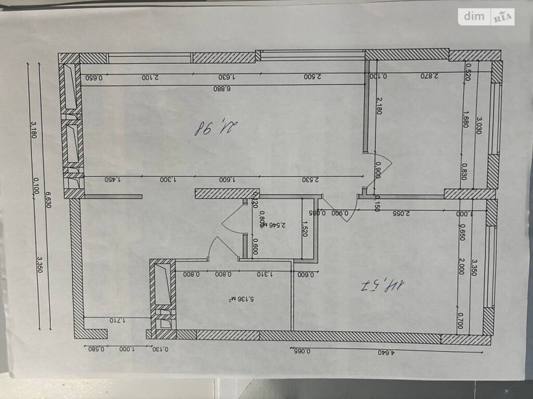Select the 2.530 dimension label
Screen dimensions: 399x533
click(309, 180)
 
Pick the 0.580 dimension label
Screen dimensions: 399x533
click(94, 349)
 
